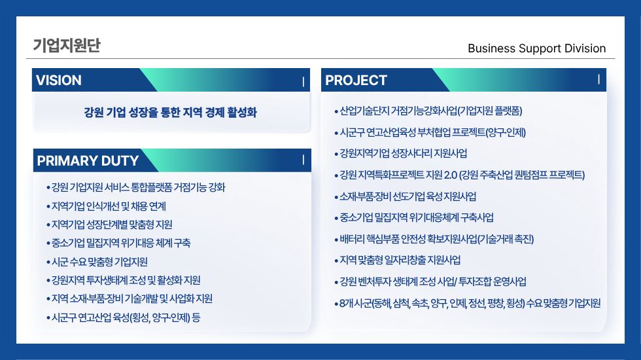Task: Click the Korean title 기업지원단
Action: [67, 45]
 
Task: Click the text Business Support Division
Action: [536, 48]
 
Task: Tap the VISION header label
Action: [58, 80]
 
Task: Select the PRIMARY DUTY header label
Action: [88, 160]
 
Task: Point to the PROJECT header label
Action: [356, 80]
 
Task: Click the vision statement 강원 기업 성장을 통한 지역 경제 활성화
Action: [171, 112]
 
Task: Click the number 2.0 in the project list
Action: [450, 175]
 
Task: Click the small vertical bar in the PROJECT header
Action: [599, 79]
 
